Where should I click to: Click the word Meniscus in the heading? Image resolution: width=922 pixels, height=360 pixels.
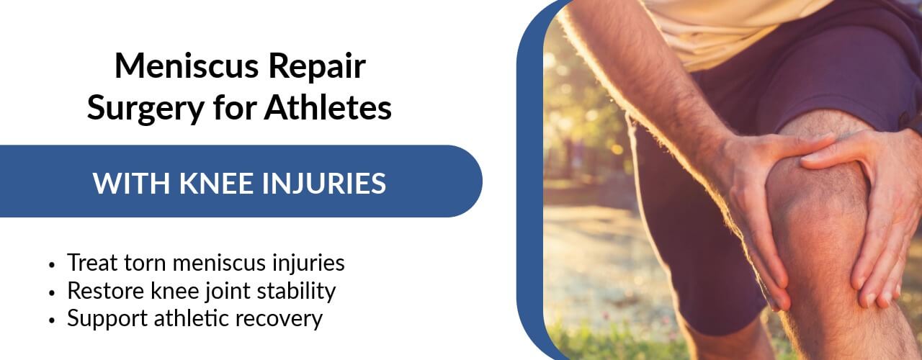tap(187, 66)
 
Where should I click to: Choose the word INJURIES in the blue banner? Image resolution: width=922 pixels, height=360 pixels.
tap(324, 184)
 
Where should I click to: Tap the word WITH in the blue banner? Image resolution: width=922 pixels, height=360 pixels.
tap(131, 183)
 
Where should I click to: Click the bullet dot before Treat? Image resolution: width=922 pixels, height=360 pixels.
tap(51, 264)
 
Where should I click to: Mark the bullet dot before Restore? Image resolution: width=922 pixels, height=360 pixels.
tap(51, 292)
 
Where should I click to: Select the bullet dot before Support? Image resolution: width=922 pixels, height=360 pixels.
tap(51, 320)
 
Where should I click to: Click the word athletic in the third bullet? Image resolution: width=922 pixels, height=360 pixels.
tap(191, 318)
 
